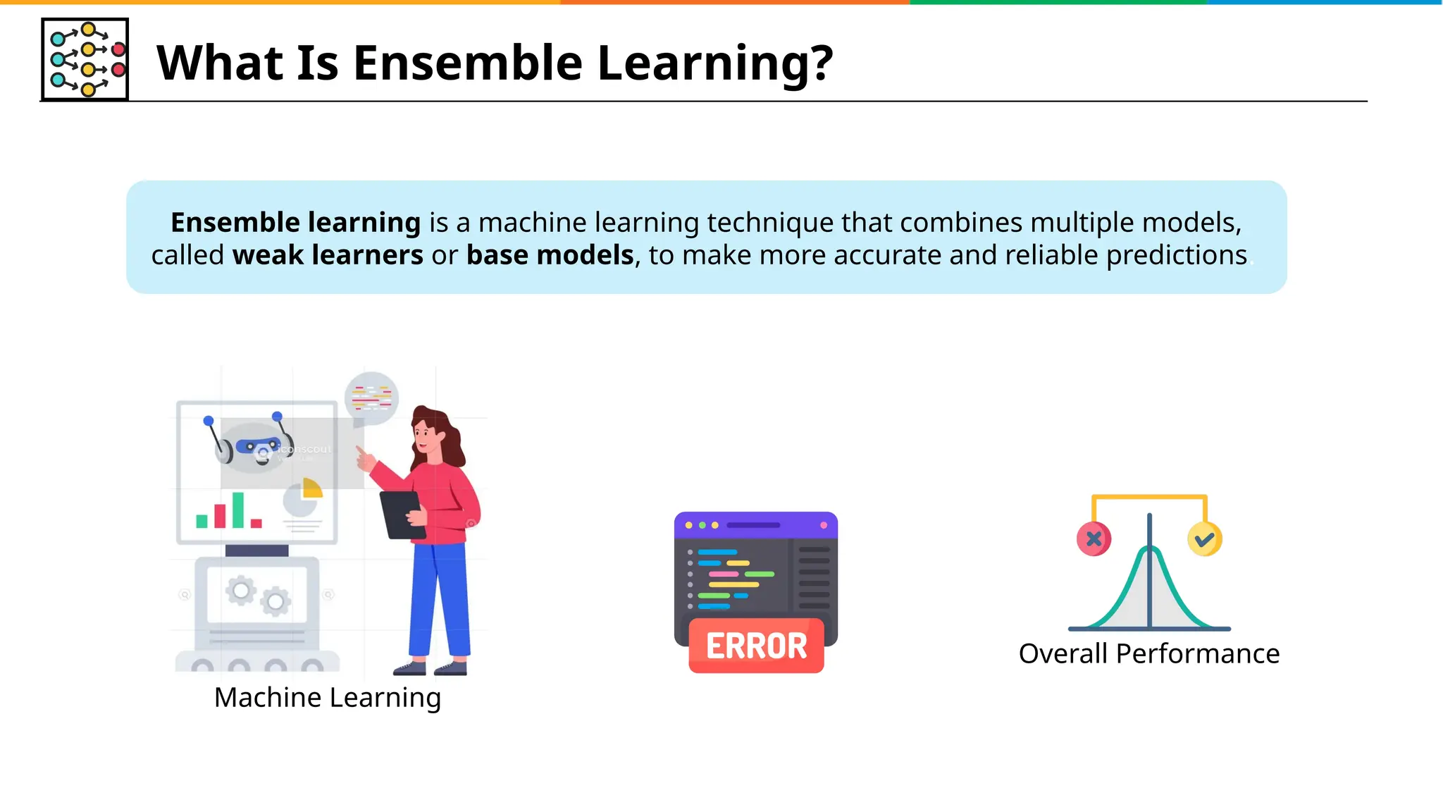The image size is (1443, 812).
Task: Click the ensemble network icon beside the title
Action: pyautogui.click(x=85, y=60)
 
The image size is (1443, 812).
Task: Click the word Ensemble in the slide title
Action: pyautogui.click(x=468, y=63)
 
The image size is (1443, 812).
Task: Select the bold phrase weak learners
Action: pyautogui.click(x=328, y=255)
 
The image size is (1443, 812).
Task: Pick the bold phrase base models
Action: pyautogui.click(x=550, y=255)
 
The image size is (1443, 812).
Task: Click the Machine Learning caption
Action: pyautogui.click(x=328, y=697)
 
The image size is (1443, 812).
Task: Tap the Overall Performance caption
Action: pyautogui.click(x=1148, y=653)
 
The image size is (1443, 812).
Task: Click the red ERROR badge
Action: pyautogui.click(x=756, y=646)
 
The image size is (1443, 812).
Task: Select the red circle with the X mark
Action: pyautogui.click(x=1094, y=539)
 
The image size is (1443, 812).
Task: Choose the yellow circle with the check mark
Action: pyautogui.click(x=1204, y=539)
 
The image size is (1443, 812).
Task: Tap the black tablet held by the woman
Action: pyautogui.click(x=402, y=515)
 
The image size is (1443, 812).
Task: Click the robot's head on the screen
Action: pyautogui.click(x=254, y=445)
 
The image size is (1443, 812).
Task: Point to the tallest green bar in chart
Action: pyautogui.click(x=238, y=510)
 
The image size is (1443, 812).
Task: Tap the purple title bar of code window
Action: pyautogui.click(x=755, y=525)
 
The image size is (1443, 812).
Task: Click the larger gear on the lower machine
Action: pyautogui.click(x=241, y=590)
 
